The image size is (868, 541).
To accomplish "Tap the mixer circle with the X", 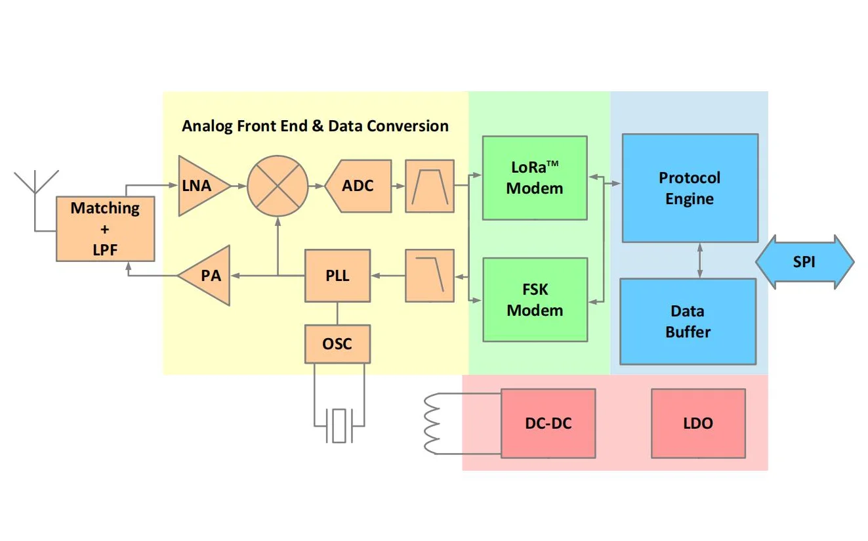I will (x=278, y=186).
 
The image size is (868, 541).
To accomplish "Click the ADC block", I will (x=359, y=186).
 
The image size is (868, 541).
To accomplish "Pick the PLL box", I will (x=337, y=276).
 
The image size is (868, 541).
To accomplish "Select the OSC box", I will (x=337, y=343).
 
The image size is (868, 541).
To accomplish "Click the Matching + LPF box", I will (x=105, y=228).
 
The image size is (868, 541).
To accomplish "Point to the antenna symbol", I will (x=36, y=184).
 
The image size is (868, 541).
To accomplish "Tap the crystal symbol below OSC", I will (x=339, y=425).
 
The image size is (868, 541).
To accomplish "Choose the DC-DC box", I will (x=548, y=423).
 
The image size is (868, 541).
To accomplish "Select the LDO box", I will (x=698, y=423).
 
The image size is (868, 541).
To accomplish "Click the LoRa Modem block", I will (x=535, y=178).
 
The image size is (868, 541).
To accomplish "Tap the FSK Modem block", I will (x=535, y=300).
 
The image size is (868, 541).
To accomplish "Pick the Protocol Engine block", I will (x=690, y=188).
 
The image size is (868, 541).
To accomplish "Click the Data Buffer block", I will (x=688, y=322).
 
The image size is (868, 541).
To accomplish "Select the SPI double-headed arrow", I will (x=804, y=262).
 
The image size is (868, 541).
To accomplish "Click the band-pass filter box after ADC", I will (x=430, y=186).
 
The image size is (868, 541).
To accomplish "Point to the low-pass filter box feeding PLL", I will (x=430, y=276).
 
